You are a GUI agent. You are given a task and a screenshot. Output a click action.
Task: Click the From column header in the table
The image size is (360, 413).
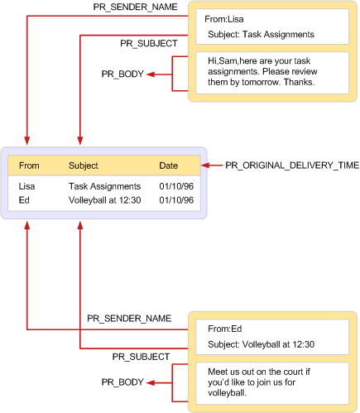tap(29, 166)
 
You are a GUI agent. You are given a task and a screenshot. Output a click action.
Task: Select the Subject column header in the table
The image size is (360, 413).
tap(83, 166)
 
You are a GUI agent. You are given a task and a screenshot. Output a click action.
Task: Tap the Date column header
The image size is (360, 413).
tap(168, 166)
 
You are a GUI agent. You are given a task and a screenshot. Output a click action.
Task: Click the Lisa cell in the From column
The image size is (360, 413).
tap(27, 188)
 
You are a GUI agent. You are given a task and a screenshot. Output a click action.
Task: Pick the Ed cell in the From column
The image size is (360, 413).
tap(24, 200)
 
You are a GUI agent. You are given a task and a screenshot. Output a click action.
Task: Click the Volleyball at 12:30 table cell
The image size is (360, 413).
tap(104, 200)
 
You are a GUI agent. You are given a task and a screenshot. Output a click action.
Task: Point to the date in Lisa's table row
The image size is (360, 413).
tap(176, 188)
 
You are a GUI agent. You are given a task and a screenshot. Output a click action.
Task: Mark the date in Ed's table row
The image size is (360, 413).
tap(176, 200)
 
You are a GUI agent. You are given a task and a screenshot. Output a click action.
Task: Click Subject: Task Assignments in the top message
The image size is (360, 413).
tap(259, 35)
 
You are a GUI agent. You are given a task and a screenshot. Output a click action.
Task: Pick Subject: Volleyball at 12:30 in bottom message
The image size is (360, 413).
tap(261, 344)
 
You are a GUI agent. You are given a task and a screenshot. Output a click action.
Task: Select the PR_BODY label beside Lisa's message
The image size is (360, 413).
tap(122, 74)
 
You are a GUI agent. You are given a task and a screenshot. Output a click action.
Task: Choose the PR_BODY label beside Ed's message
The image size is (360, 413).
tap(122, 382)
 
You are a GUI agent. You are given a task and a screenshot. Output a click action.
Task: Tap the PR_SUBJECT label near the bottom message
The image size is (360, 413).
tap(142, 356)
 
